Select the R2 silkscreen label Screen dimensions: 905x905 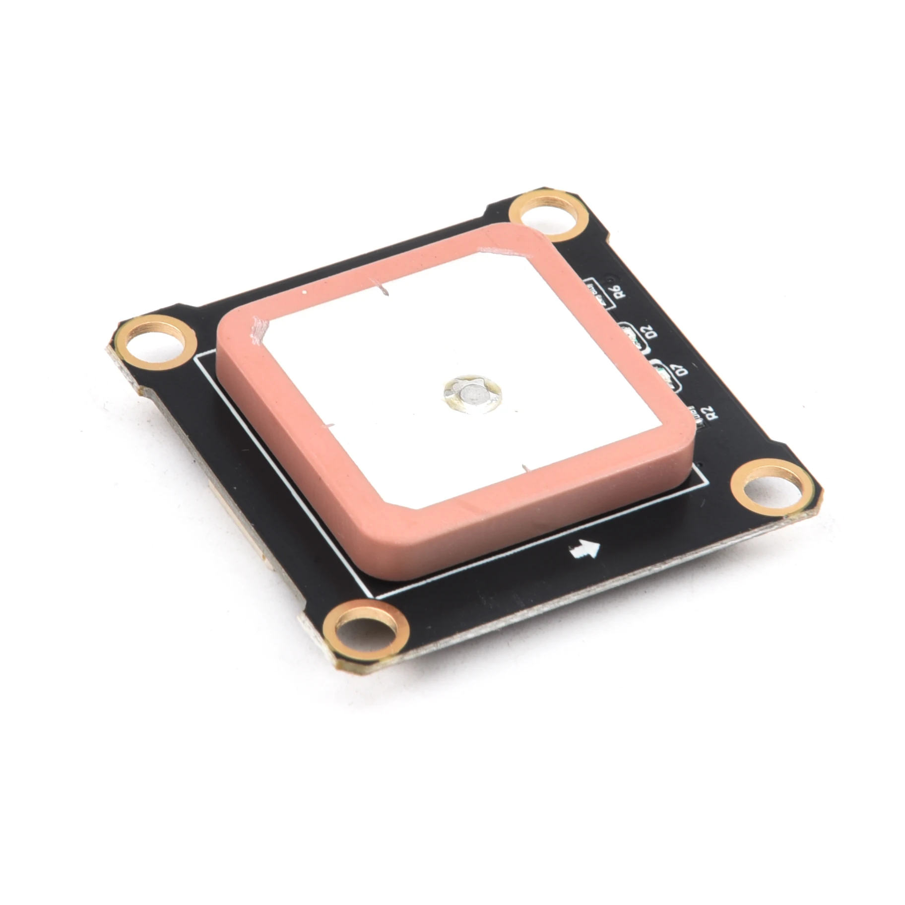pos(711,412)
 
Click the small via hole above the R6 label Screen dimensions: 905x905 pos(611,274)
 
